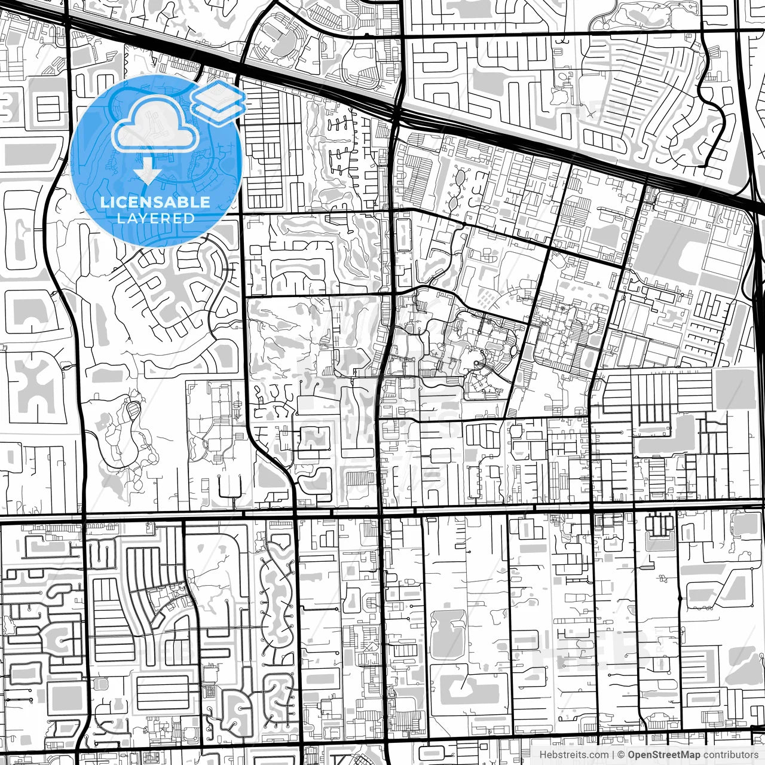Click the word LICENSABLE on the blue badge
click(x=155, y=202)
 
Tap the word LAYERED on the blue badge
click(x=155, y=218)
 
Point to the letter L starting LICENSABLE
click(x=105, y=202)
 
